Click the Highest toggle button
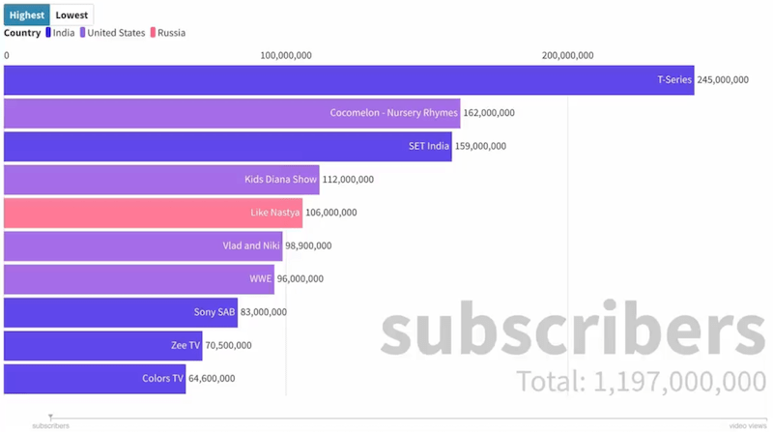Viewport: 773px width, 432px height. (x=26, y=14)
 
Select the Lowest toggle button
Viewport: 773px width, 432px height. (x=72, y=14)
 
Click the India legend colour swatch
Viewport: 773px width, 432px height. (x=48, y=33)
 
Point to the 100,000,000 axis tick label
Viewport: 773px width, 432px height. (x=286, y=55)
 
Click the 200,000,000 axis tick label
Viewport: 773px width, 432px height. (x=567, y=55)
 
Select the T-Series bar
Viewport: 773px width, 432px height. (x=348, y=80)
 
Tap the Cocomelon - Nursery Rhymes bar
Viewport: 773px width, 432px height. (x=232, y=113)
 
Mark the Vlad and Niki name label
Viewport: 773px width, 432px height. (x=251, y=245)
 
